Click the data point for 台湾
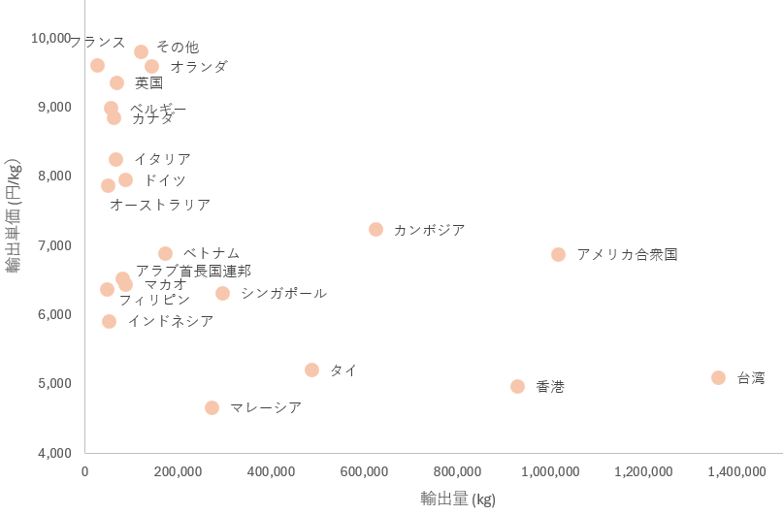[718, 377]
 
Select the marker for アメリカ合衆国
[558, 254]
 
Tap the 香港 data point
[517, 386]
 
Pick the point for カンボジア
[375, 229]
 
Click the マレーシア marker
[212, 407]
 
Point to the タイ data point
[311, 370]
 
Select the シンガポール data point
[222, 293]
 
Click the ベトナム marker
[165, 253]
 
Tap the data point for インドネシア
[109, 321]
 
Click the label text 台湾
[751, 378]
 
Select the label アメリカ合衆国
[627, 255]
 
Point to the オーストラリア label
[160, 205]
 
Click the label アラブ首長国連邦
[193, 271]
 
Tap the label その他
[178, 47]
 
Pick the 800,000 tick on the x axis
[457, 471]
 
